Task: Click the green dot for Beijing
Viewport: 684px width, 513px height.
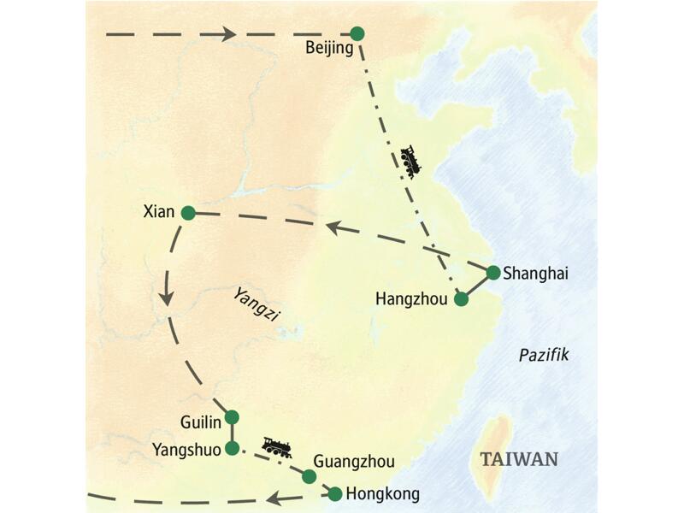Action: [357, 33]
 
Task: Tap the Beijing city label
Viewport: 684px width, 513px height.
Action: [329, 49]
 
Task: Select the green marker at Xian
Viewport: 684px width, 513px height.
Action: [188, 212]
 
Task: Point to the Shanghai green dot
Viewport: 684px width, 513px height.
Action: [493, 273]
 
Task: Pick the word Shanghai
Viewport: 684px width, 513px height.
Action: [536, 274]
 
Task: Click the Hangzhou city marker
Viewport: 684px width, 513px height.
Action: [462, 299]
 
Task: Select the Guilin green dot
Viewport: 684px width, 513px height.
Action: [231, 417]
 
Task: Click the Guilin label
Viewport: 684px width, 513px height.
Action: [201, 422]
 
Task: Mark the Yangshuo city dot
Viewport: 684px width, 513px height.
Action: [231, 447]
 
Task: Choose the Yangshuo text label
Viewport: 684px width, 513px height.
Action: [186, 449]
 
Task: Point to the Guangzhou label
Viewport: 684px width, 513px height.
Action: [354, 463]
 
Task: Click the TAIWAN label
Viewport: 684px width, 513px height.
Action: [519, 459]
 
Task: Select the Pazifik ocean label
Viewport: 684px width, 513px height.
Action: [543, 355]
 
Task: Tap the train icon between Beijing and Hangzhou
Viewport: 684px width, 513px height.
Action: [410, 161]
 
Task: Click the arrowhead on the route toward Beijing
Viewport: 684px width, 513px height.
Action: [229, 34]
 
